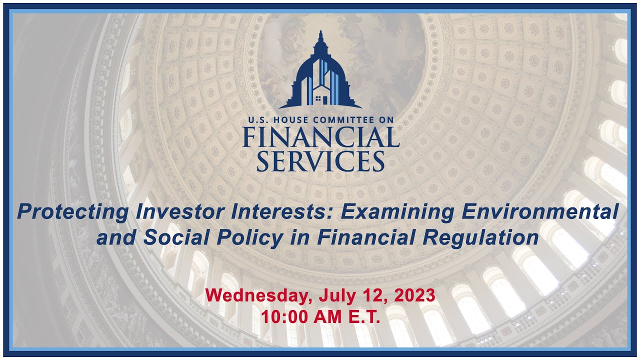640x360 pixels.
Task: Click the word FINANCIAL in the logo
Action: pos(320,137)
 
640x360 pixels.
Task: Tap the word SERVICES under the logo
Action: pos(320,161)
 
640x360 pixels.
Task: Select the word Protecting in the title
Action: pos(71,212)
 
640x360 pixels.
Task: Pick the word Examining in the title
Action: pos(398,212)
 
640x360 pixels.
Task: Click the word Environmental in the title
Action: pos(540,212)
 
